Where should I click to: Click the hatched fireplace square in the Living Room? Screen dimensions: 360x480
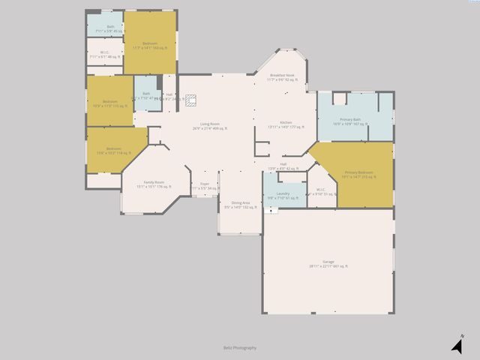tap(190, 98)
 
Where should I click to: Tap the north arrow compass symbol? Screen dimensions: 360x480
tap(457, 344)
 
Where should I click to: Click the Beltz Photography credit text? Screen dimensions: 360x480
tap(239, 347)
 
